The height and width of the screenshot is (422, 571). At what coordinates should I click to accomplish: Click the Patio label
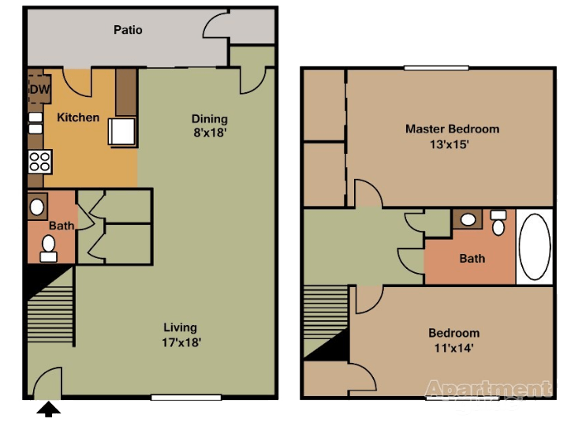point(128,30)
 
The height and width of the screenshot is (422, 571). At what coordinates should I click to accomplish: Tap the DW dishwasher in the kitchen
point(39,89)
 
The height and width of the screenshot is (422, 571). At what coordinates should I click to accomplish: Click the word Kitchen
point(78,118)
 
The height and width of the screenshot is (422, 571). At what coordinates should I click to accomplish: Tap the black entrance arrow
point(49,409)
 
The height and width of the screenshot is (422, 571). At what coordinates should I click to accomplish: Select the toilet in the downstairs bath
point(49,249)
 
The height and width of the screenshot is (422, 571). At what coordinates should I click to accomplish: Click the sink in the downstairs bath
point(38,207)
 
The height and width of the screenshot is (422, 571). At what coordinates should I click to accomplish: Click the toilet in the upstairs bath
point(498,224)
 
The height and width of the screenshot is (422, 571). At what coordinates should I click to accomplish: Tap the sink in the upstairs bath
point(468,219)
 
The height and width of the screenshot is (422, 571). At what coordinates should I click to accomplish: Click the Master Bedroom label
point(452,129)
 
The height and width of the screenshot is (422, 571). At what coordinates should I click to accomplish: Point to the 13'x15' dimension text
point(452,144)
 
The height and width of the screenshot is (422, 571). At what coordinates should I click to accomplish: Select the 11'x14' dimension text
point(453,347)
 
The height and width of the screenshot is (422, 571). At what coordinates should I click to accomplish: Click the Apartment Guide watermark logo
point(488,395)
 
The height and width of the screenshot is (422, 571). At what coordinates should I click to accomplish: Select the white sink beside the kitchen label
point(123,132)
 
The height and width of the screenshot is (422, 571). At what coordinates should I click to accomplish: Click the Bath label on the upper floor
point(472,258)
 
